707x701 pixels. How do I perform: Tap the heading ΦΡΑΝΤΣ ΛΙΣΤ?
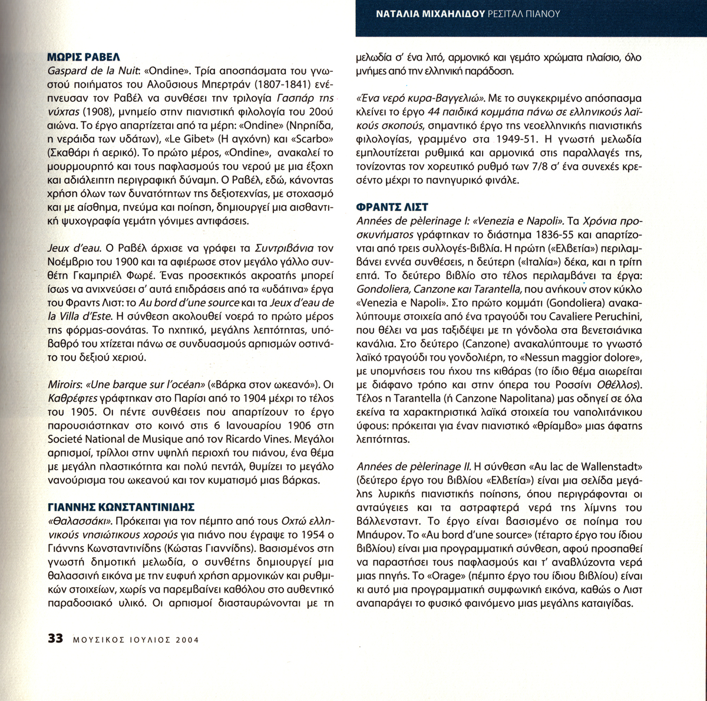click(392, 207)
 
